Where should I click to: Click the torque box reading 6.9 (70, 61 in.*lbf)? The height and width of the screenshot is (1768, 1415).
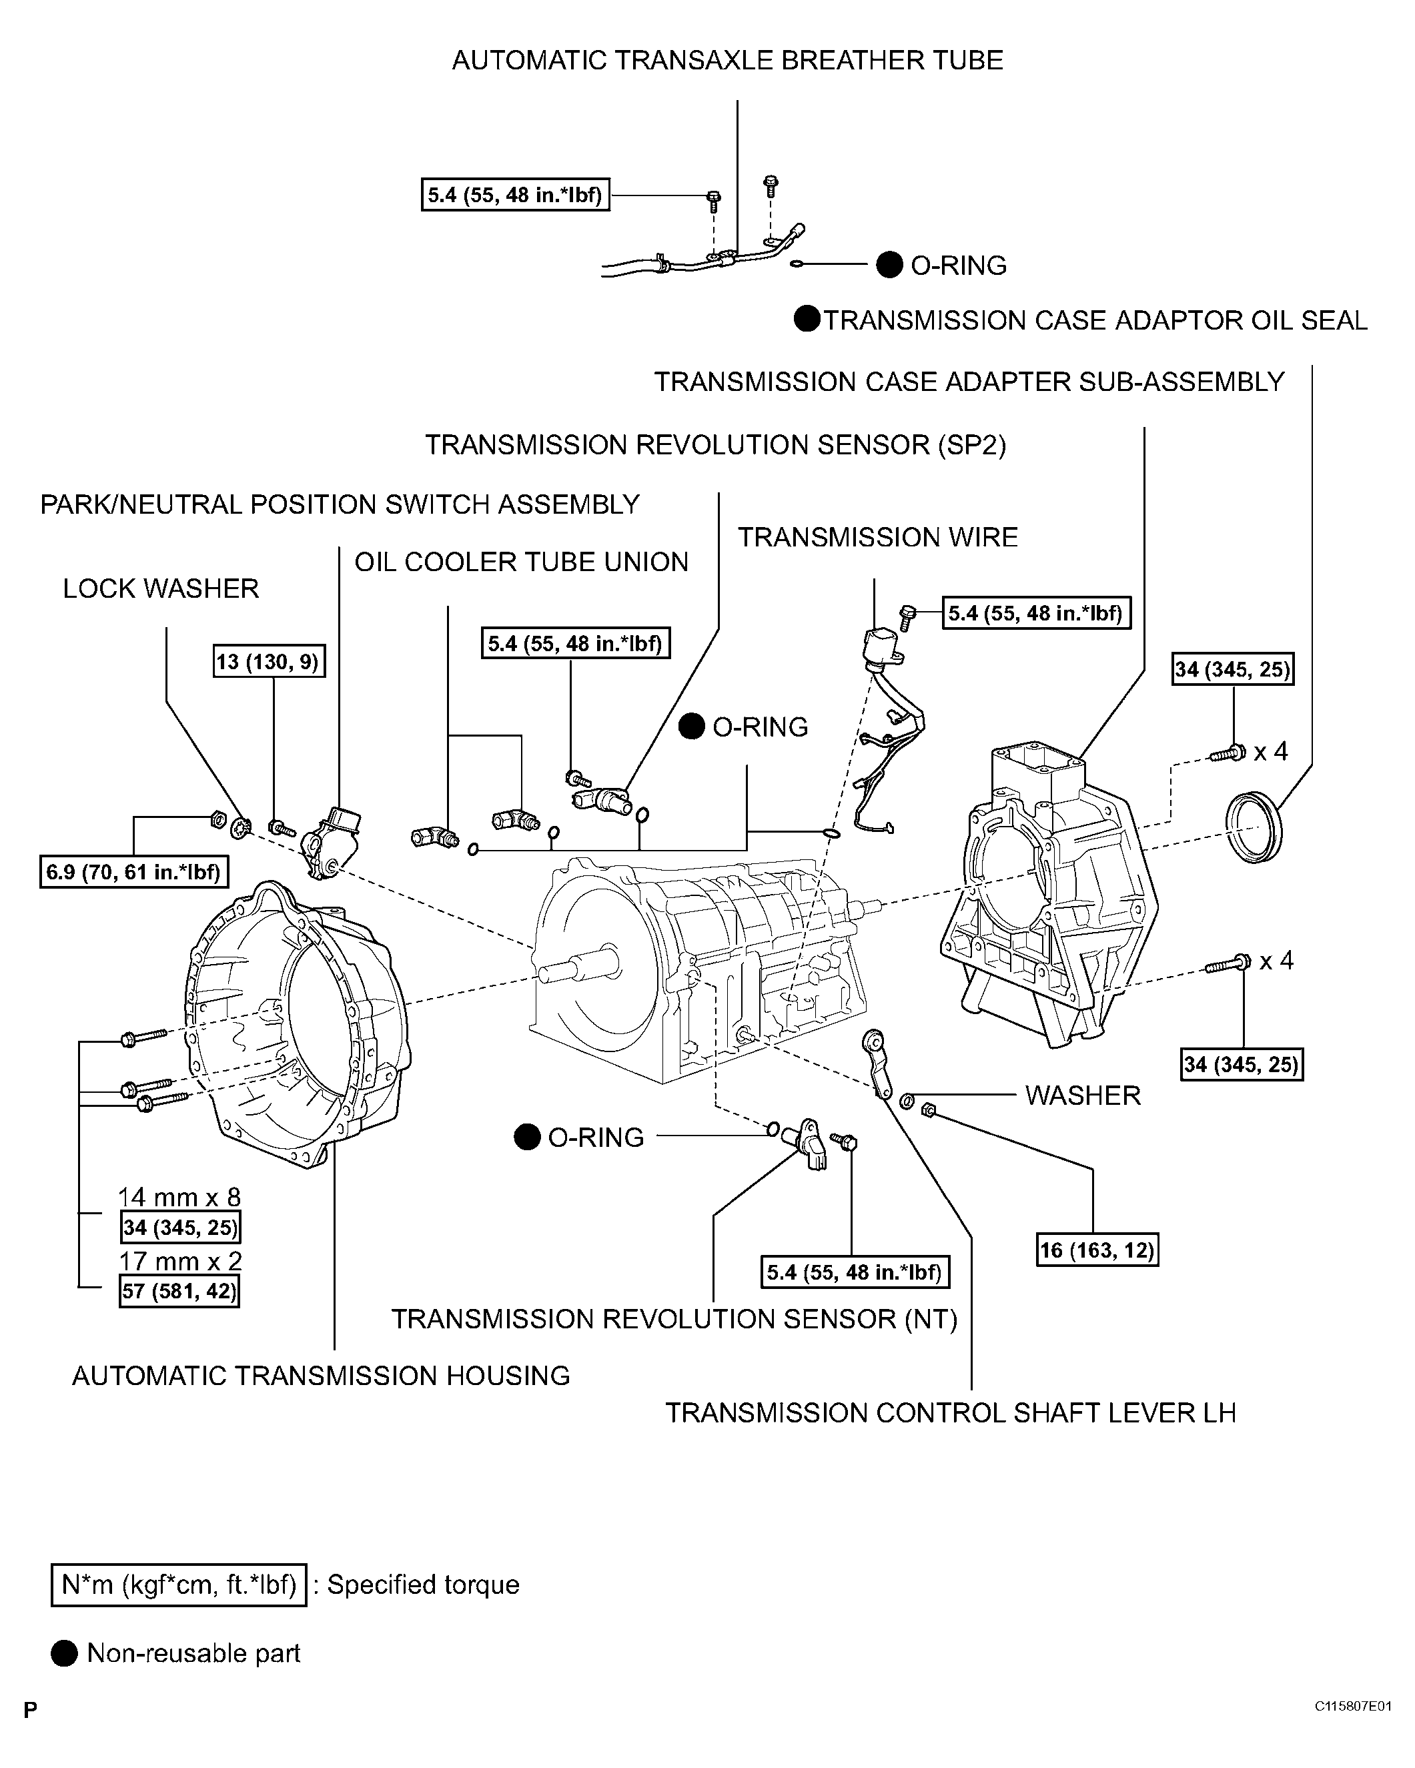click(x=133, y=872)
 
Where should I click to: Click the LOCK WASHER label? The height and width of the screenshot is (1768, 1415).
click(x=161, y=589)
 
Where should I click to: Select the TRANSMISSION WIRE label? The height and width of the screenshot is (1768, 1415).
click(x=877, y=537)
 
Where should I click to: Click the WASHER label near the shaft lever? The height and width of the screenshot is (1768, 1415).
click(x=1082, y=1095)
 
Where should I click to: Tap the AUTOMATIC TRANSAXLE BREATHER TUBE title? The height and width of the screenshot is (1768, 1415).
click(x=727, y=61)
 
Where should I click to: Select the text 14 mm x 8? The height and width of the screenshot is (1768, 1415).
click(x=179, y=1198)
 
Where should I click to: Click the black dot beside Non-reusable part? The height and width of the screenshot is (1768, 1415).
click(x=64, y=1653)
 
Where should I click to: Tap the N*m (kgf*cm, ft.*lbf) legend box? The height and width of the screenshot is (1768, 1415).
click(x=179, y=1585)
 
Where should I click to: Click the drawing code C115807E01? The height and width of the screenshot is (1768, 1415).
click(x=1353, y=1707)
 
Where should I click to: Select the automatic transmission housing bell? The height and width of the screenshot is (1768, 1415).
click(x=295, y=1025)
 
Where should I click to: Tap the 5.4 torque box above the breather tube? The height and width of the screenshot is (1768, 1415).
click(x=515, y=195)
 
